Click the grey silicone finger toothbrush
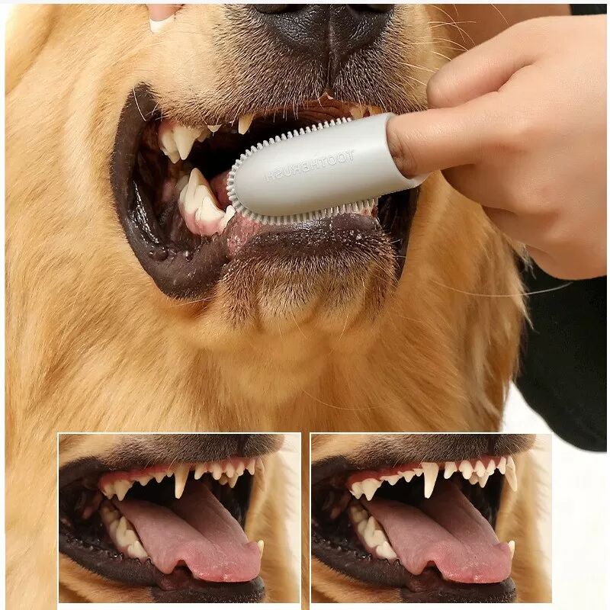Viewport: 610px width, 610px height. click(319, 171)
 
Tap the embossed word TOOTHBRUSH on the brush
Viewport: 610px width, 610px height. click(310, 166)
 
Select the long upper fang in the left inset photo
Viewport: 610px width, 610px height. click(181, 481)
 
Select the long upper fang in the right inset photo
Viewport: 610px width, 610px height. click(430, 480)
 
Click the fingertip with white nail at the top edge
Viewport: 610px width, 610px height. click(162, 18)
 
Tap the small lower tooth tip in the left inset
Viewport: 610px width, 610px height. click(260, 546)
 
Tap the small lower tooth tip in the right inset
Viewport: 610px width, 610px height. click(511, 547)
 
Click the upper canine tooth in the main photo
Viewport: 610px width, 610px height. click(184, 141)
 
